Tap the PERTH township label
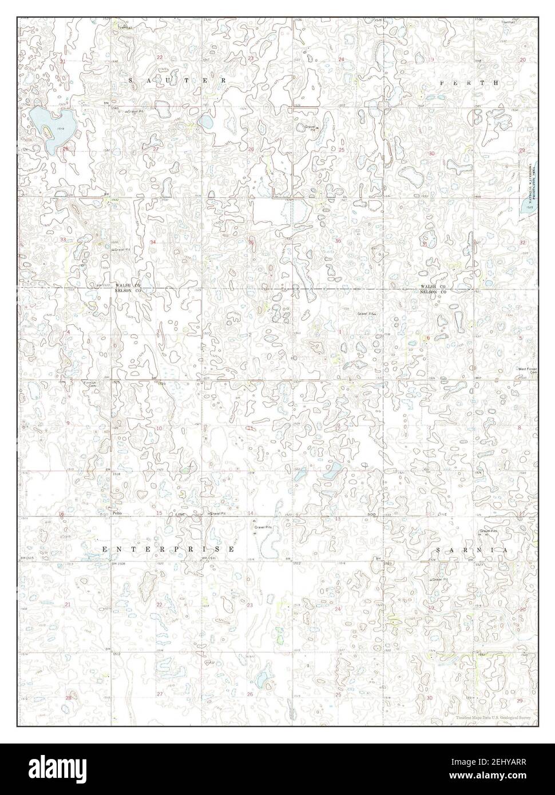coord(469,83)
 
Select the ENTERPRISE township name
coord(168,549)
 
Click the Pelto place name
coord(118,514)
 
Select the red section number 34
coord(153,243)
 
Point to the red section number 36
coord(338,241)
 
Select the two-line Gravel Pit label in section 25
coord(312,128)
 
